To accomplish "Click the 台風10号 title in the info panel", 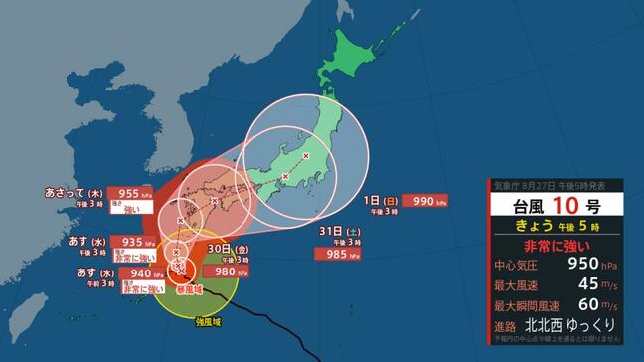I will click(557, 205).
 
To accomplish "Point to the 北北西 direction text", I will click(549, 325).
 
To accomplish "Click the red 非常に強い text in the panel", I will click(557, 245).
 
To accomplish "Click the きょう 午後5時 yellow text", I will click(557, 225).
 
